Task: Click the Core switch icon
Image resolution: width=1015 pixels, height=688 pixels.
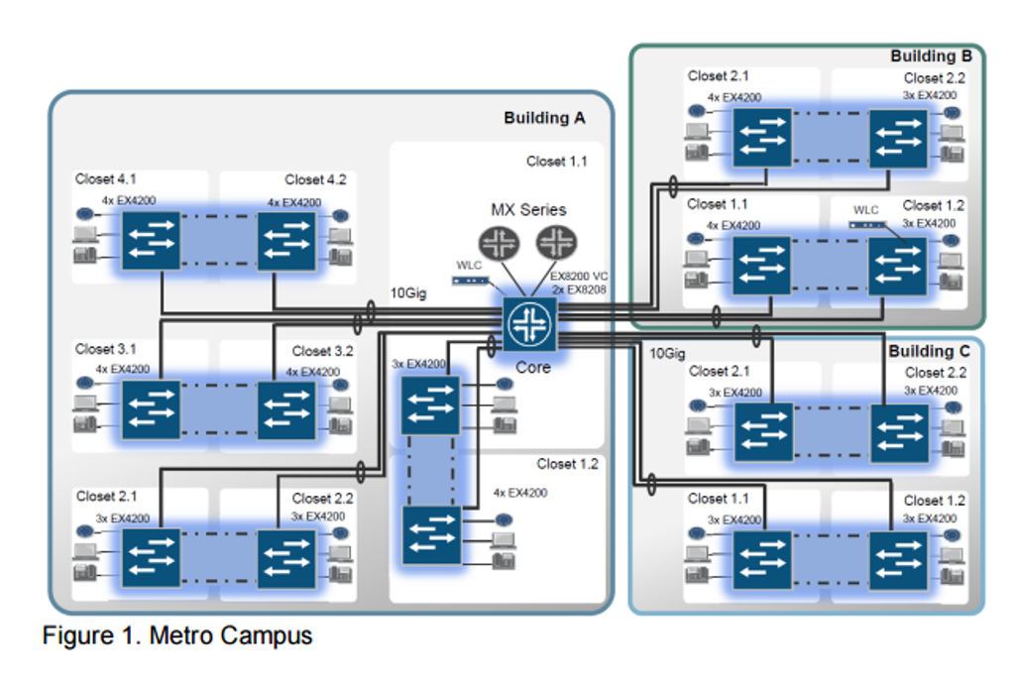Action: point(529,323)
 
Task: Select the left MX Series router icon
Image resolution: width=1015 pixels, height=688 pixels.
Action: point(498,243)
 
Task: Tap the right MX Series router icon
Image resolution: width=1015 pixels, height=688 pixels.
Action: point(555,243)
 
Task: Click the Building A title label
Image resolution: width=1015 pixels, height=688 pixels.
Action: point(544,118)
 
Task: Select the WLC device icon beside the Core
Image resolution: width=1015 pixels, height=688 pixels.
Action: point(471,281)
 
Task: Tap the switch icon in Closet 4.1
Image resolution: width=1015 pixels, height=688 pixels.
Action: point(151,241)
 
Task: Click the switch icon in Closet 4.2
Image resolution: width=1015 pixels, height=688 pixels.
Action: point(286,241)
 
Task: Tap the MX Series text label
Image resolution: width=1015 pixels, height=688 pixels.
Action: point(528,210)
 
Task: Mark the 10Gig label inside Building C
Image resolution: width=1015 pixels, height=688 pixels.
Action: point(667,354)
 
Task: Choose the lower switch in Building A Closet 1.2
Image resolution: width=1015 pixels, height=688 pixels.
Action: point(431,535)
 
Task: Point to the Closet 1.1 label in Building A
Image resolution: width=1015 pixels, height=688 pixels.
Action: point(556,161)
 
